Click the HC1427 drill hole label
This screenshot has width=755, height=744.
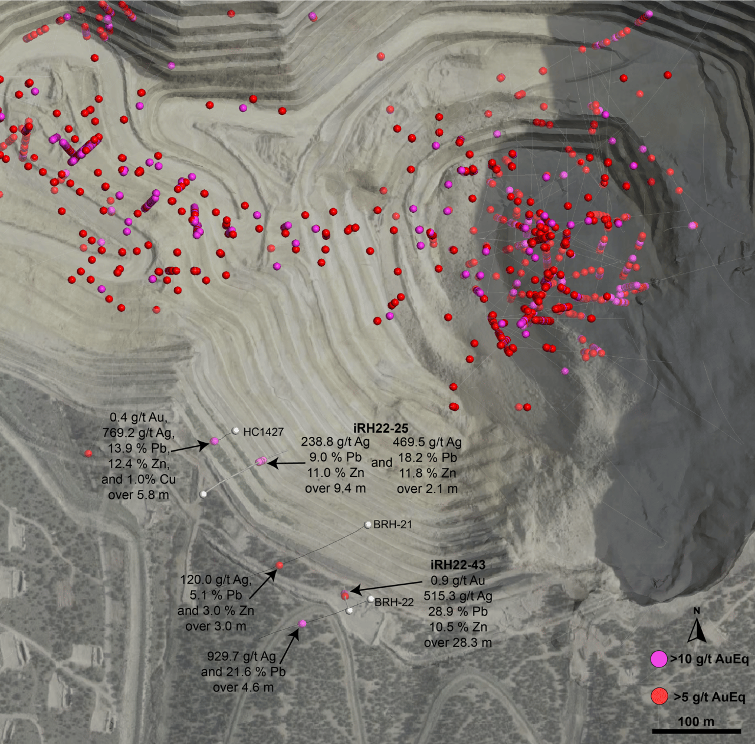pos(263,432)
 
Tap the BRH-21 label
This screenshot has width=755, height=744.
pos(393,524)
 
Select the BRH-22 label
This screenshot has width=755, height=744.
pos(394,602)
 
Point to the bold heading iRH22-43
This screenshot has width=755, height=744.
pos(458,565)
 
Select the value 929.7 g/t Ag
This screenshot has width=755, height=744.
pos(241,656)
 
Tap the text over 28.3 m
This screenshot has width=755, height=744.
pos(458,643)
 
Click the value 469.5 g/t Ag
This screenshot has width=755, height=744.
pos(427,442)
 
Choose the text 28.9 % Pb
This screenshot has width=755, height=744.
pos(458,611)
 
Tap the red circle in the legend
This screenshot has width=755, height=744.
pos(658,696)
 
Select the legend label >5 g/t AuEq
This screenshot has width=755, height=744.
pos(710,697)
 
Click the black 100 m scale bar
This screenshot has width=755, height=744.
pos(696,732)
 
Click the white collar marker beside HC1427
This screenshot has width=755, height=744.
pos(235,431)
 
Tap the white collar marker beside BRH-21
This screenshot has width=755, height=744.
pos(367,524)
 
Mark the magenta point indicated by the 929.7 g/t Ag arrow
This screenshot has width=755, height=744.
pos(302,623)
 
